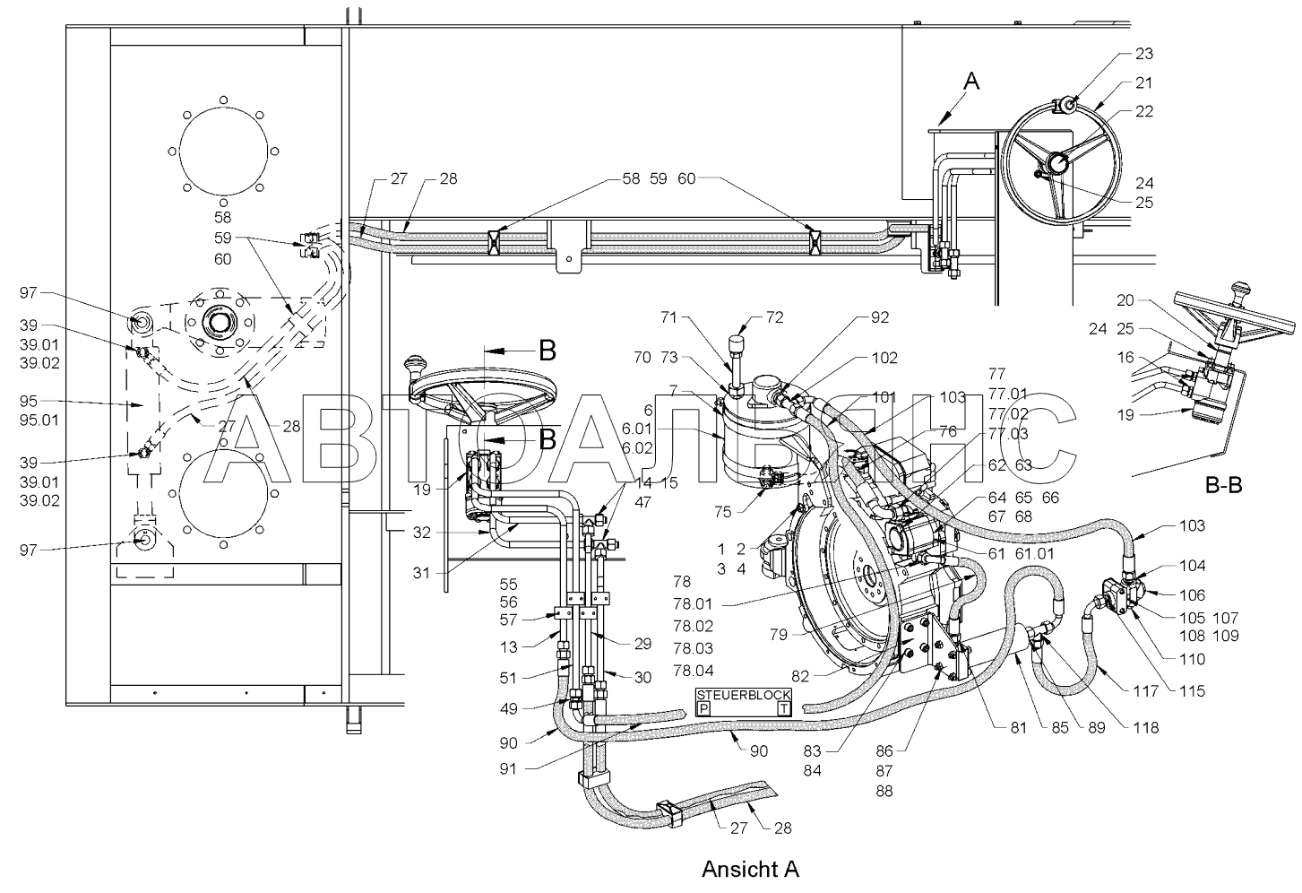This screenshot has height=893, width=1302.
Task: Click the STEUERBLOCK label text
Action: point(744,695)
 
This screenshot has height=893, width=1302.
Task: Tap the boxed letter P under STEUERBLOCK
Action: point(703,708)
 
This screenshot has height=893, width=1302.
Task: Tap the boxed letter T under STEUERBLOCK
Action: point(784,708)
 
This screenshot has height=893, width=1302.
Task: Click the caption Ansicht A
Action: point(750,869)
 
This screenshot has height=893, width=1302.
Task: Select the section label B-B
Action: point(1223,485)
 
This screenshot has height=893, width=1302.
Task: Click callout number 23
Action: point(1144,54)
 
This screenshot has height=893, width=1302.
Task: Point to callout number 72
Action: point(775,317)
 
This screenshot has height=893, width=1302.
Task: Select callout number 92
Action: point(880,317)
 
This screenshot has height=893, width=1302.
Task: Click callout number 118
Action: point(1146,728)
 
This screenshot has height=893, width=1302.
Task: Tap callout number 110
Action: point(1192,659)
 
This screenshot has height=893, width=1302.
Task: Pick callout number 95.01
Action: point(39,420)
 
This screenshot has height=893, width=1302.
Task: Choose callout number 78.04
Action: point(694,670)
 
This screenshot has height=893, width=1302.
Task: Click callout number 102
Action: point(884,358)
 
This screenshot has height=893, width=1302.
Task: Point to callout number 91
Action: point(508,768)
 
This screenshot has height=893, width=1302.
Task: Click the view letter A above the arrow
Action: point(971,82)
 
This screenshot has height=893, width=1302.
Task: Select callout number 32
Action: point(422,533)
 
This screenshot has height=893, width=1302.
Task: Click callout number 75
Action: point(722,512)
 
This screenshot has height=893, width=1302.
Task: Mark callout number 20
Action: point(1125,300)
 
